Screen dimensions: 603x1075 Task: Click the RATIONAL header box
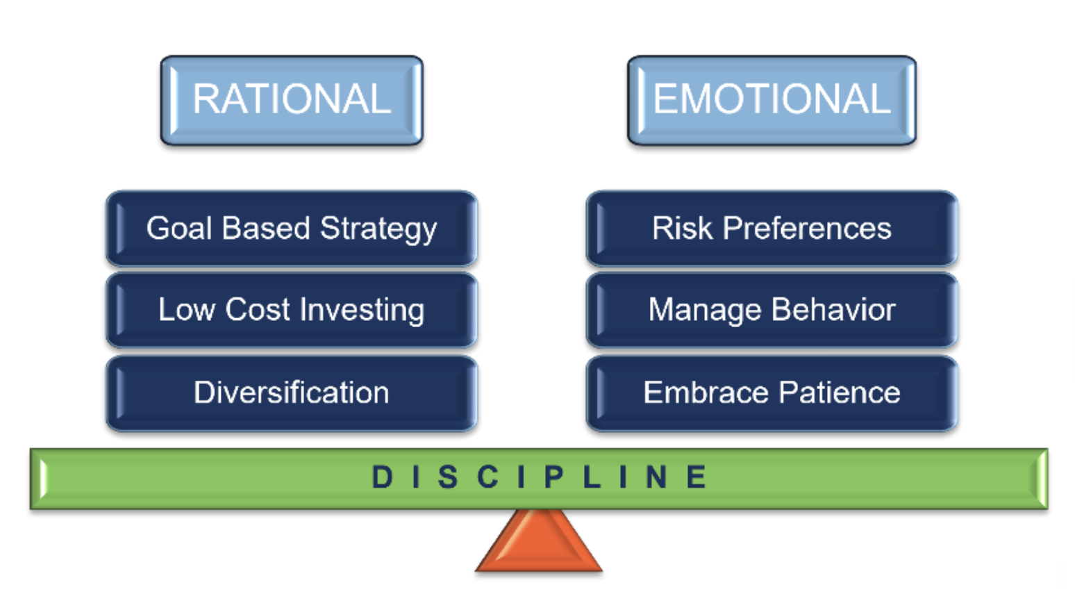pyautogui.click(x=292, y=100)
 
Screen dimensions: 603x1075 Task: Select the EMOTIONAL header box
pyautogui.click(x=772, y=100)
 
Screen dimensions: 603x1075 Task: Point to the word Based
pyautogui.click(x=266, y=229)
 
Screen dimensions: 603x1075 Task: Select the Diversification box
pyautogui.click(x=292, y=393)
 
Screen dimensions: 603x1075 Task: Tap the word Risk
pyautogui.click(x=682, y=229)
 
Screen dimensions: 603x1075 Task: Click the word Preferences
pyautogui.click(x=807, y=229)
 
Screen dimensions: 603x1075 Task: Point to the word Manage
pyautogui.click(x=704, y=311)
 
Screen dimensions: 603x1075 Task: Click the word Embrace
pyautogui.click(x=706, y=393)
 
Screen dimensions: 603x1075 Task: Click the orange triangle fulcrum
pyautogui.click(x=539, y=544)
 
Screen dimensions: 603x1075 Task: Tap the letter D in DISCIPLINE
pyautogui.click(x=383, y=477)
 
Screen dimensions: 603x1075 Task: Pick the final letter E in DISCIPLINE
pyautogui.click(x=697, y=477)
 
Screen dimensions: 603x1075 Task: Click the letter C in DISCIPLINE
pyautogui.click(x=488, y=477)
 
